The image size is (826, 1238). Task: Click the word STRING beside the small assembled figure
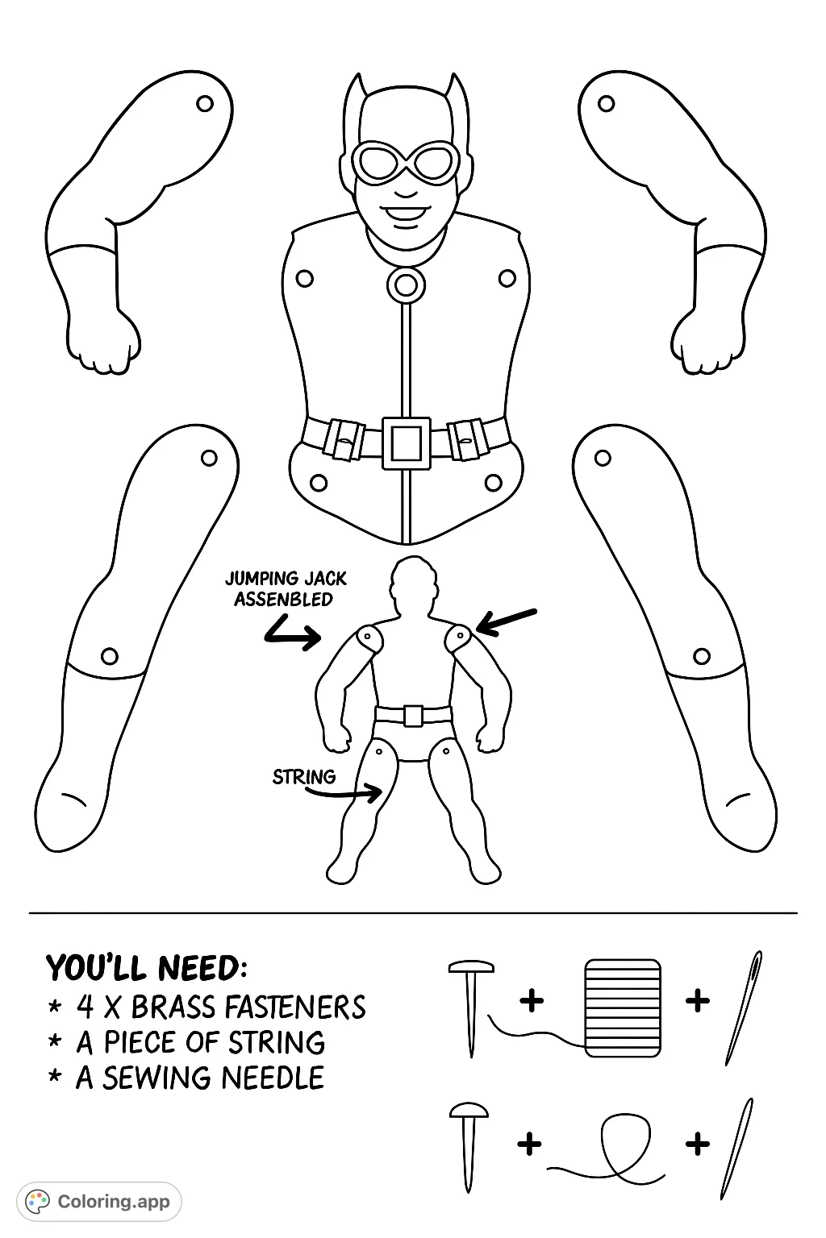(304, 777)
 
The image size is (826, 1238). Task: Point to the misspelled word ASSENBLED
(283, 599)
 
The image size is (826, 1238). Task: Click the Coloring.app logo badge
(99, 1202)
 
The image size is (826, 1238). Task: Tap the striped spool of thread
(623, 1008)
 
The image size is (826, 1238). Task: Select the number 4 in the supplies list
(85, 1007)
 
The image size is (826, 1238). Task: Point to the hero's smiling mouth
(406, 214)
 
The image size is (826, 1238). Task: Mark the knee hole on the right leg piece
(702, 657)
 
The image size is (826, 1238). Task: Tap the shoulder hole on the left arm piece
(205, 103)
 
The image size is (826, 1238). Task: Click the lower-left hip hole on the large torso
(318, 483)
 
